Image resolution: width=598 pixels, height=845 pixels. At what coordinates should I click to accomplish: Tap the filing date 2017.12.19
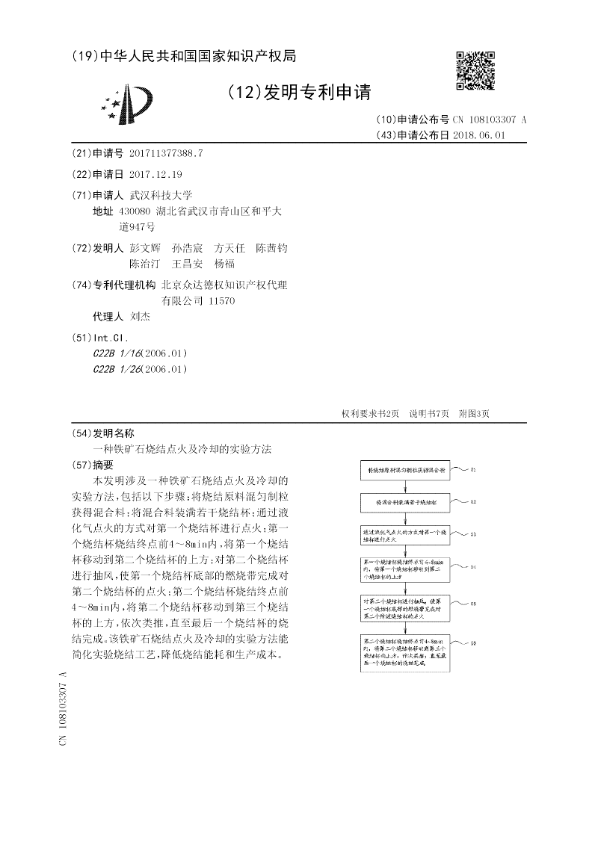click(155, 174)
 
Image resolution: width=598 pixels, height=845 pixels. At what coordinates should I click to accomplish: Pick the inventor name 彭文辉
click(145, 248)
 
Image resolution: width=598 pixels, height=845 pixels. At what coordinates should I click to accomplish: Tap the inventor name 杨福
click(224, 264)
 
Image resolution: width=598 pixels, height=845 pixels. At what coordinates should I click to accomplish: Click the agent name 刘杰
click(140, 316)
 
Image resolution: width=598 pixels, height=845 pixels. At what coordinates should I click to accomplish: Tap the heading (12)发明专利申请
click(298, 93)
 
